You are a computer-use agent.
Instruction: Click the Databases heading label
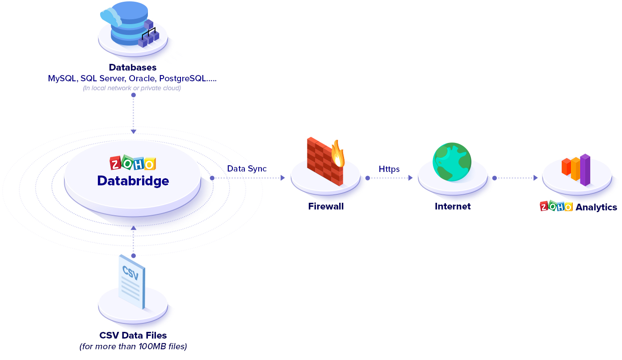(133, 67)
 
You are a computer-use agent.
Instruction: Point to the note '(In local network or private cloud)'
(132, 88)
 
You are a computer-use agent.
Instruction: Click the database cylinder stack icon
(127, 25)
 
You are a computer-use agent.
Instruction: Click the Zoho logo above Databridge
(133, 163)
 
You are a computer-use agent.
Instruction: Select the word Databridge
(133, 181)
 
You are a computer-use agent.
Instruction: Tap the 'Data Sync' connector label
(247, 169)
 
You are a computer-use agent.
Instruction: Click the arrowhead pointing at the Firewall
(282, 178)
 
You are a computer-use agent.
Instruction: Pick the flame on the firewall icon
(338, 154)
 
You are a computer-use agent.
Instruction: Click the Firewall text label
(326, 206)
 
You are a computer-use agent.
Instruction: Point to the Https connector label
(389, 169)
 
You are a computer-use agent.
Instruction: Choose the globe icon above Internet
(452, 162)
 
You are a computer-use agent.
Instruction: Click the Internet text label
(453, 206)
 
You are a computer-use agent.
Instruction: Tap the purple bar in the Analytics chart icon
(585, 170)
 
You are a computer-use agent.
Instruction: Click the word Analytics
(596, 207)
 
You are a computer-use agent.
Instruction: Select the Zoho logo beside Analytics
(556, 206)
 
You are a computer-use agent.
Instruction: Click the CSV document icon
(132, 281)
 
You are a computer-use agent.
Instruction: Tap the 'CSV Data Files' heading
(133, 335)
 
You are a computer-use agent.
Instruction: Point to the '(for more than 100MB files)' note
(133, 346)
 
